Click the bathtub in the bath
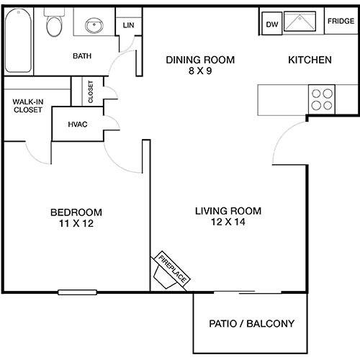[18, 40]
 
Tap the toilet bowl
[54, 26]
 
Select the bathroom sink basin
[94, 25]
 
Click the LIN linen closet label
[128, 25]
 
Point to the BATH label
[82, 56]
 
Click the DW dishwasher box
[272, 24]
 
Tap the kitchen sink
[300, 22]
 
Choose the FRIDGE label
[341, 21]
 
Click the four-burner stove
[322, 99]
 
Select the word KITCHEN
[310, 60]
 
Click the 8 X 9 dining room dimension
[200, 71]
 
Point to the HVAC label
[78, 125]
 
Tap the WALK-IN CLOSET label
[28, 106]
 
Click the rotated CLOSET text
[91, 91]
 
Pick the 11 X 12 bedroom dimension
[76, 223]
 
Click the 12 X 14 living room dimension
[228, 222]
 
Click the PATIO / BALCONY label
[251, 323]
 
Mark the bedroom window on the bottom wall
[77, 292]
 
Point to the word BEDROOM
[76, 212]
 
